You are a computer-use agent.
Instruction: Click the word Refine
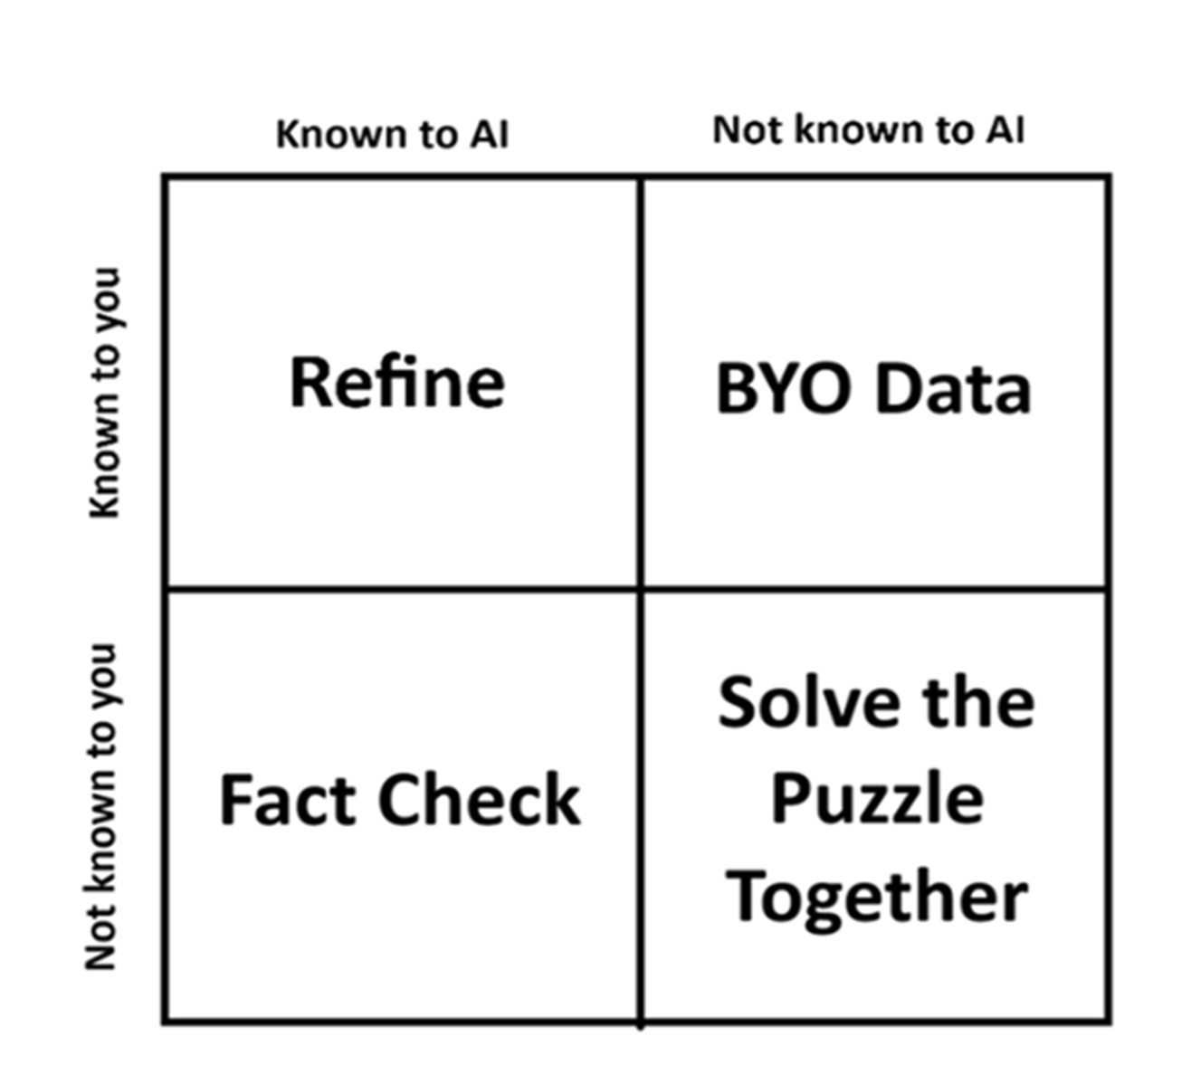tap(396, 384)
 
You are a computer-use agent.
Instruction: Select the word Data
tap(954, 389)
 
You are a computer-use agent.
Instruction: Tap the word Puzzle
tap(876, 800)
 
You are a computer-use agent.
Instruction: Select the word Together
tap(876, 898)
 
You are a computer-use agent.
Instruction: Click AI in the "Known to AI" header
tap(489, 135)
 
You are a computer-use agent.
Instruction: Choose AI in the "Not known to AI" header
tap(1005, 130)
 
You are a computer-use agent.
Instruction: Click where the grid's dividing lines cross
tap(641, 589)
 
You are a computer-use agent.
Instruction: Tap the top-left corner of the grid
tap(166, 176)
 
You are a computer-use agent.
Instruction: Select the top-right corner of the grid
tap(1109, 176)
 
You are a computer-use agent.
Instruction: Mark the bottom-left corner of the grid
tap(166, 1022)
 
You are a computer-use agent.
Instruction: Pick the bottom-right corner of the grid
tap(1109, 1022)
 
